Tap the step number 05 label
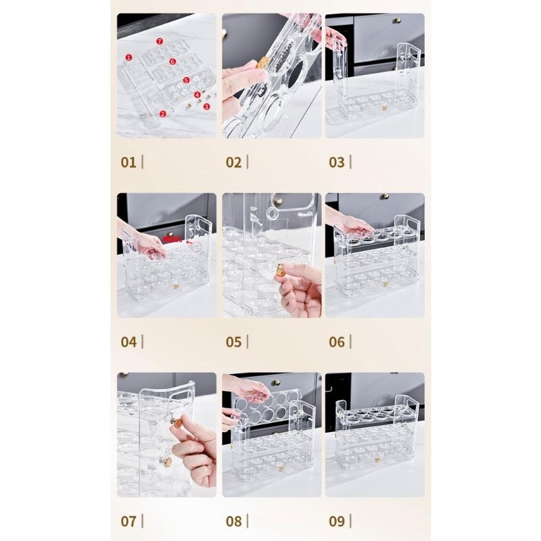click(x=233, y=342)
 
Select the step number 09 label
click(x=337, y=521)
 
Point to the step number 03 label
click(x=337, y=162)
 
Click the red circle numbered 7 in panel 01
click(x=160, y=41)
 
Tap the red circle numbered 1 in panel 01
click(x=128, y=57)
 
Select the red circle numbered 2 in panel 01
click(x=162, y=114)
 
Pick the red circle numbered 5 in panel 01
click(x=186, y=80)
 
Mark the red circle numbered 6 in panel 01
click(x=172, y=62)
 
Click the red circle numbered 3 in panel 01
click(x=206, y=106)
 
